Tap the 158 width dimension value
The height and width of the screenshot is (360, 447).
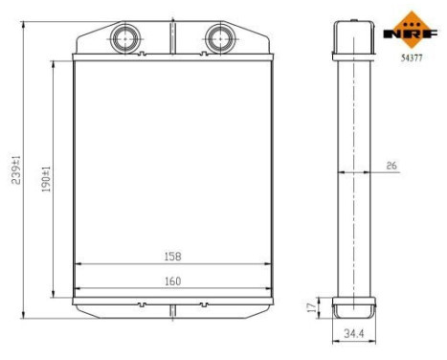172,257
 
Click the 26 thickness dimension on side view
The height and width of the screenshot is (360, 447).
391,166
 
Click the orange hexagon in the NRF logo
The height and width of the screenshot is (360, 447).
413,19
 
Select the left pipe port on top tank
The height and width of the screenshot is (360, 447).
125,38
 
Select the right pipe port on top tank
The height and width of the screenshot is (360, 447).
219,38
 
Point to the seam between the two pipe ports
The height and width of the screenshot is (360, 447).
173,38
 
